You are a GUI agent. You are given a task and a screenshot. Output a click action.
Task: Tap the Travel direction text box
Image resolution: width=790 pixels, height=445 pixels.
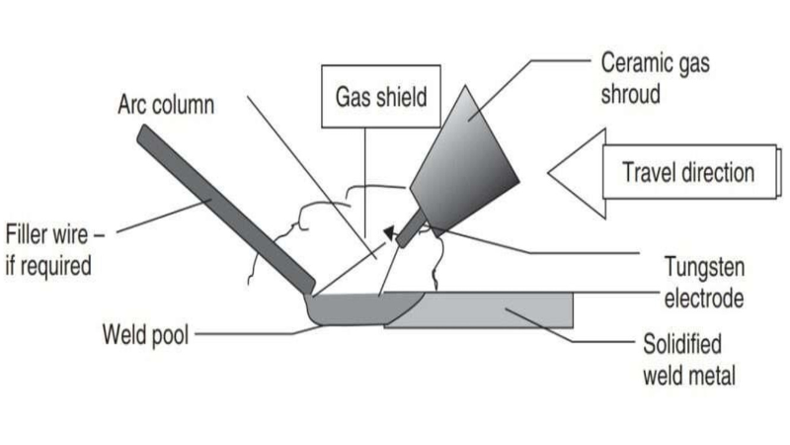pos(688,172)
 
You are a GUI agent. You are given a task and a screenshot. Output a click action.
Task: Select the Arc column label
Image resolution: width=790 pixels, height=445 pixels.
pos(166,105)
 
